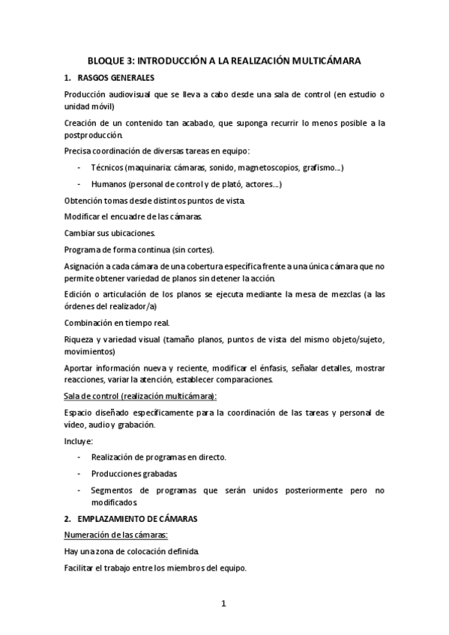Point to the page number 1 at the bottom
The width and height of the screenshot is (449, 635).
[x=223, y=604]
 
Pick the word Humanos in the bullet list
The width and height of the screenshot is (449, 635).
[x=108, y=184]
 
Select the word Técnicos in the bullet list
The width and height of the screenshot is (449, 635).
[x=108, y=168]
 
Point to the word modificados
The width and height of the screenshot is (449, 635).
[x=114, y=502]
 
